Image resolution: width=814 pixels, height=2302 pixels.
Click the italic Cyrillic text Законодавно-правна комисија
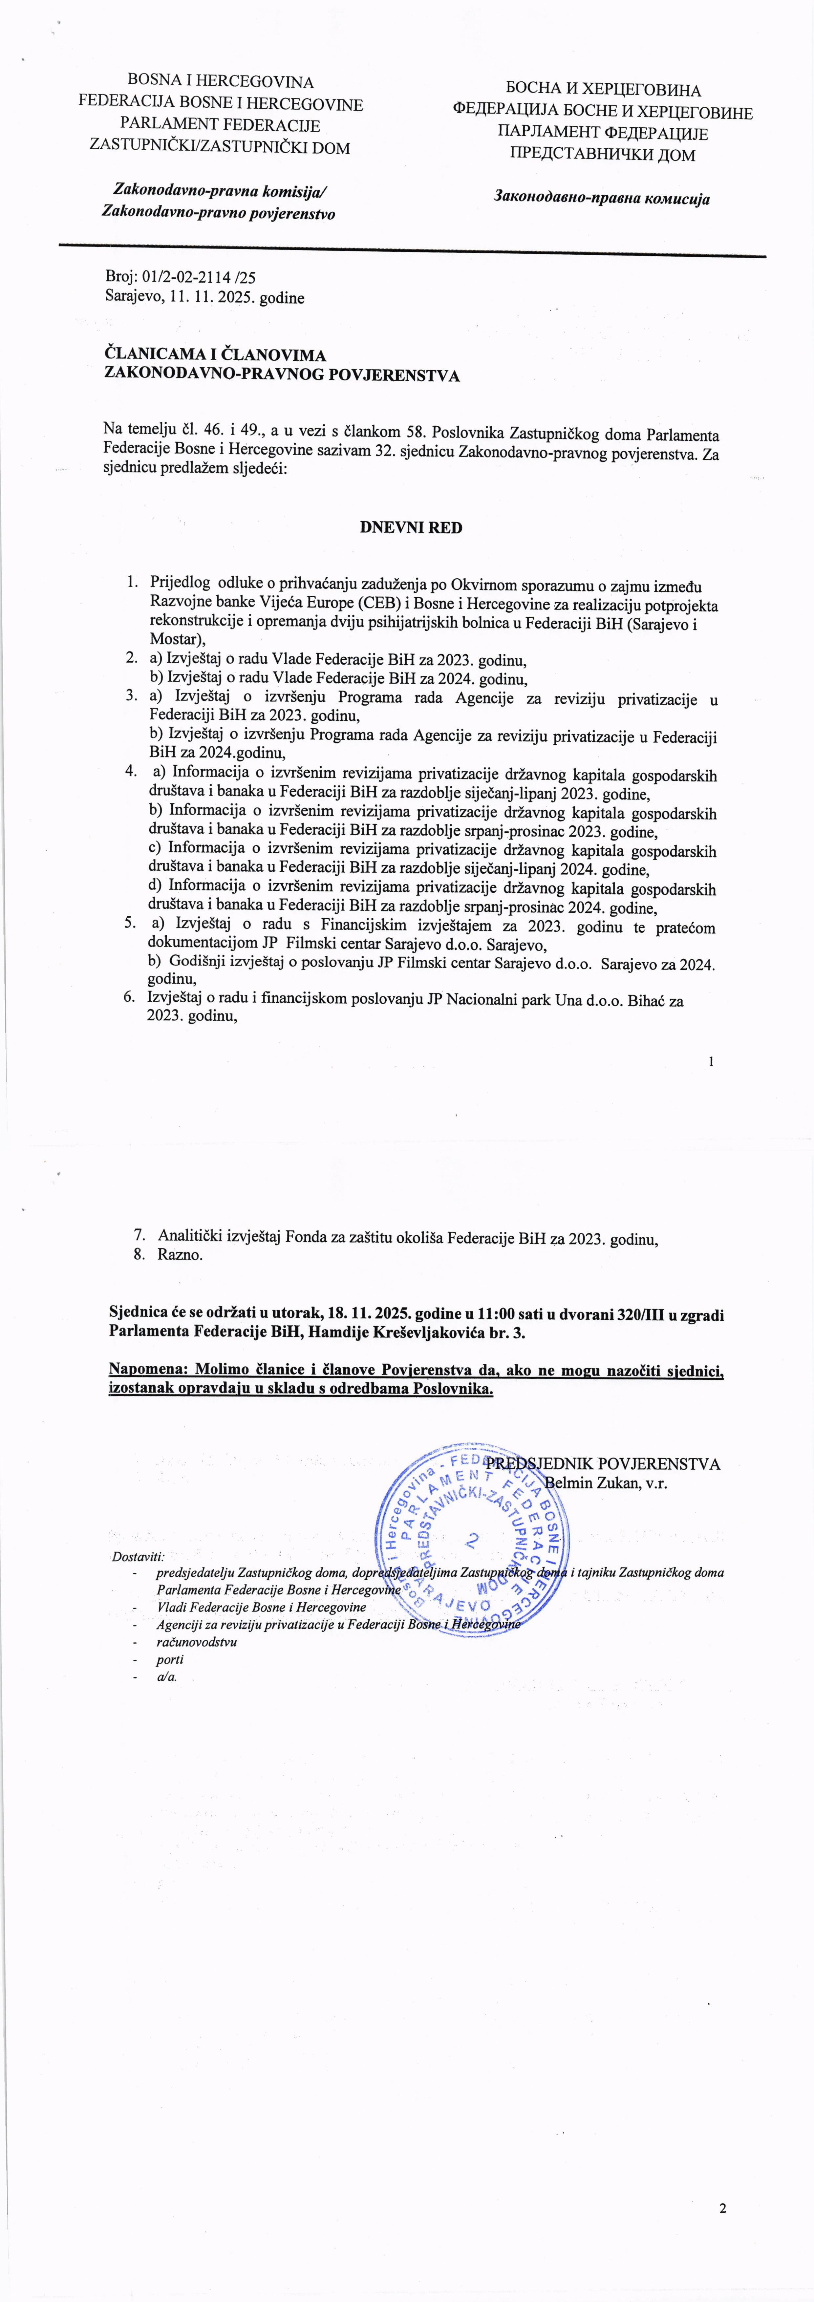(x=601, y=198)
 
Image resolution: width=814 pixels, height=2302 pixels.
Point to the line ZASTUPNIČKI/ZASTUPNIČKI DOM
(x=220, y=147)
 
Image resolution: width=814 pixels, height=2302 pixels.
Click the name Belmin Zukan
(x=587, y=1482)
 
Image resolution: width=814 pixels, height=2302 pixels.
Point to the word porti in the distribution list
(x=170, y=1659)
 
